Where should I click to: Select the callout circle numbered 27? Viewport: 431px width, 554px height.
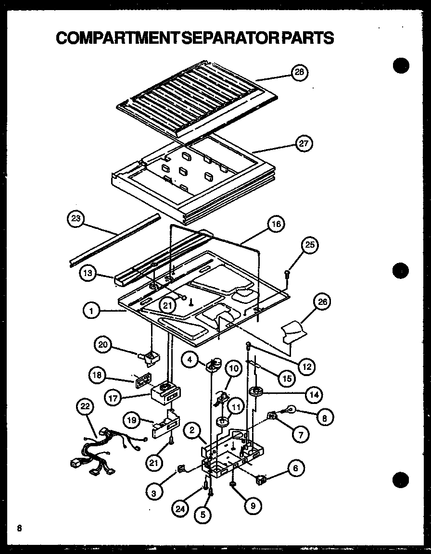303,143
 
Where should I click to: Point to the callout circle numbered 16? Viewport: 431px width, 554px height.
275,223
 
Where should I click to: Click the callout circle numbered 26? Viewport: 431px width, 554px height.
322,302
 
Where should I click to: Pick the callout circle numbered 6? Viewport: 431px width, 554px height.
295,467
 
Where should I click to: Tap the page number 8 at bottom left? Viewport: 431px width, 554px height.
19,528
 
